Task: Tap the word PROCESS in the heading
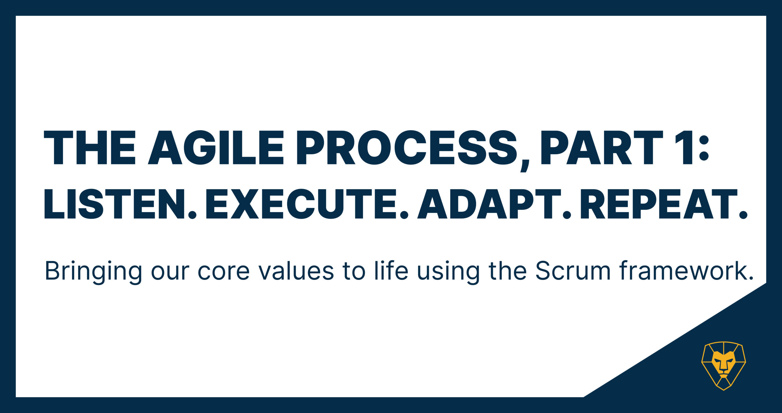[407, 148]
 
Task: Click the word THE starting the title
[90, 148]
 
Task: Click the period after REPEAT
[743, 214]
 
